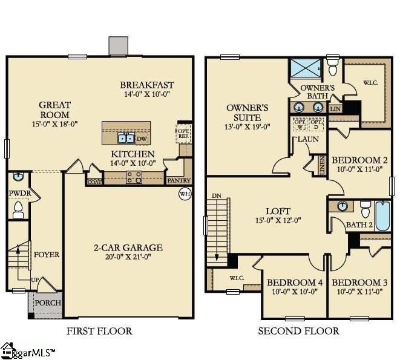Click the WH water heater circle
point(185,194)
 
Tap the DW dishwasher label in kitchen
point(142,139)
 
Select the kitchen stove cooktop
point(133,177)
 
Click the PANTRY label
point(179,180)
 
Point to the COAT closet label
point(94,180)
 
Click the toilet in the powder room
point(18,211)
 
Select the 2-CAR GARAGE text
point(128,247)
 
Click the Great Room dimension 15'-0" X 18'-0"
point(55,124)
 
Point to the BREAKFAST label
point(147,85)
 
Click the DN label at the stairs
point(217,196)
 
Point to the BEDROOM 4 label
point(295,283)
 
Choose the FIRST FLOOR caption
point(99,331)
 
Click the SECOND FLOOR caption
point(298,331)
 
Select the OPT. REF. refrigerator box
point(183,133)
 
